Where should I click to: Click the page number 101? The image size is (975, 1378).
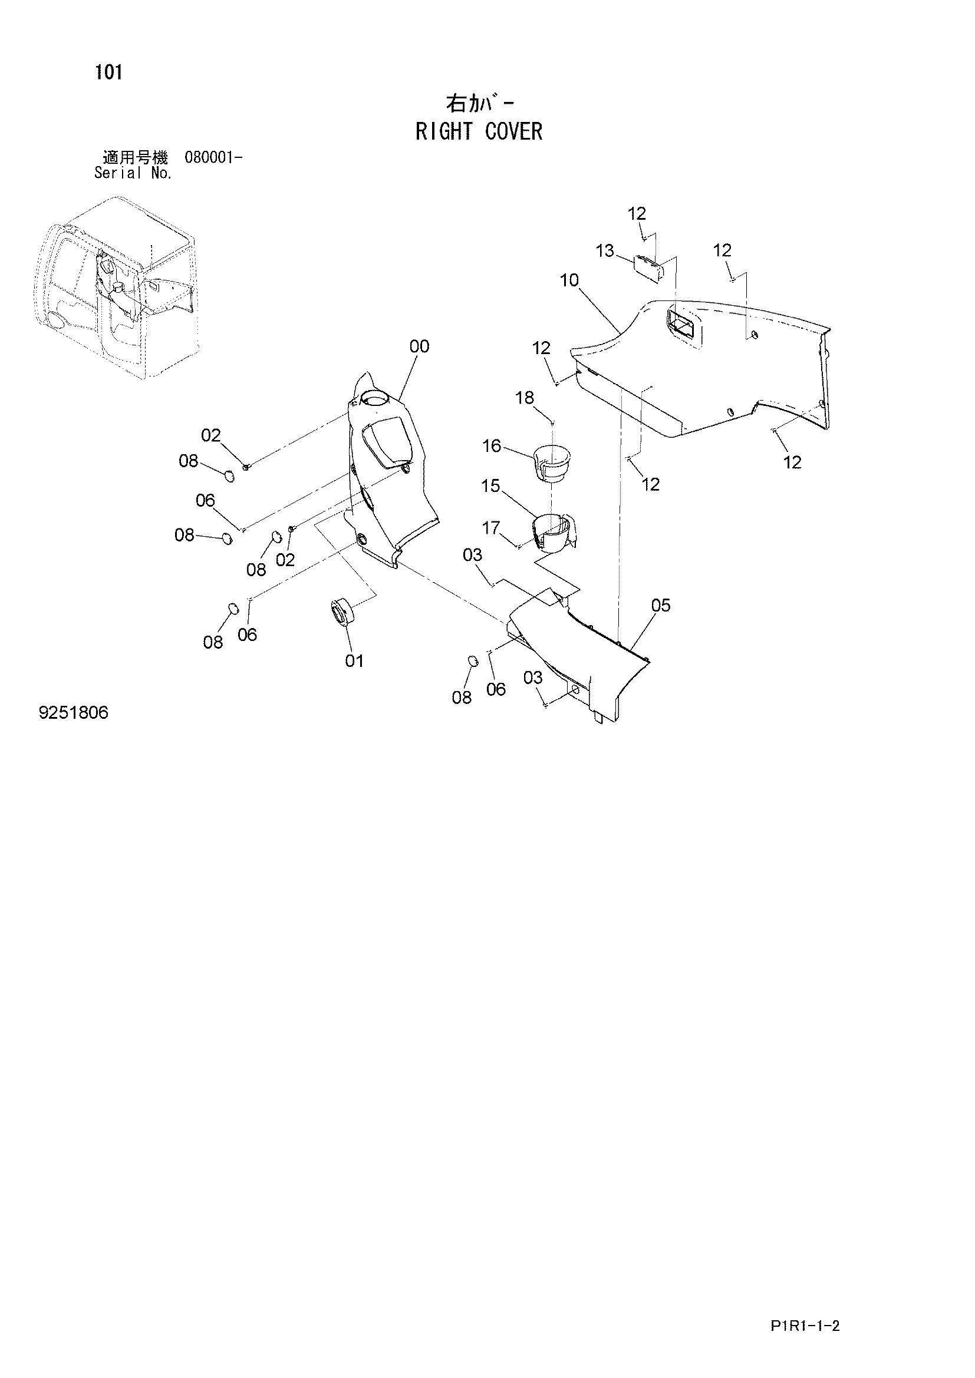click(x=108, y=72)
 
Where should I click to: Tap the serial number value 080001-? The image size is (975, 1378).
click(x=213, y=158)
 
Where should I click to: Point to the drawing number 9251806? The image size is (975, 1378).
click(x=74, y=712)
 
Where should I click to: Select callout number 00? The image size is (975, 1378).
click(x=420, y=346)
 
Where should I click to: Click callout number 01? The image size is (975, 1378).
click(x=354, y=661)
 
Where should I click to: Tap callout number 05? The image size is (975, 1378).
click(x=660, y=605)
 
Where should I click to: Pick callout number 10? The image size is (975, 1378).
click(x=569, y=280)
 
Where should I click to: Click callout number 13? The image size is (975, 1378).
click(x=605, y=250)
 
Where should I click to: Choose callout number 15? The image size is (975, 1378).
click(x=490, y=485)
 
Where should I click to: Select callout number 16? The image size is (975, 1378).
click(x=492, y=446)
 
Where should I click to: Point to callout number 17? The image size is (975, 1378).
click(x=491, y=527)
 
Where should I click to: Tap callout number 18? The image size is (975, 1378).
click(x=525, y=397)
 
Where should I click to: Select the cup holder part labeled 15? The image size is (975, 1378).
click(x=554, y=532)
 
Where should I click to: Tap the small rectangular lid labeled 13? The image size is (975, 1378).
click(x=648, y=266)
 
